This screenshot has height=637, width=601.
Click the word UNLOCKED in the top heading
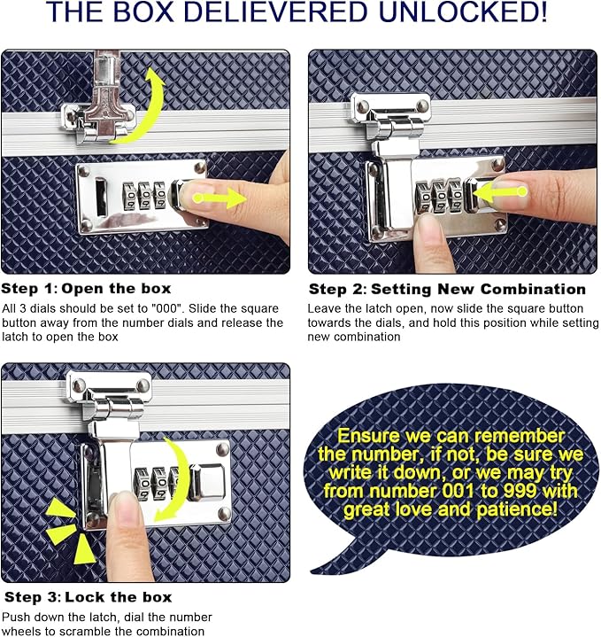pyautogui.click(x=462, y=12)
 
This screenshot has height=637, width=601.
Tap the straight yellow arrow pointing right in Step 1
pyautogui.click(x=220, y=198)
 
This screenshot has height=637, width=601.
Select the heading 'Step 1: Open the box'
pyautogui.click(x=86, y=289)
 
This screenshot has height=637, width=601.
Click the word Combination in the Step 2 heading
pyautogui.click(x=533, y=289)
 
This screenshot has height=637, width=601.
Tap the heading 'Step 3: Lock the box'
pyautogui.click(x=88, y=597)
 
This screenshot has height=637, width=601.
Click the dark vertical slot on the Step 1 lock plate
pyautogui.click(x=101, y=197)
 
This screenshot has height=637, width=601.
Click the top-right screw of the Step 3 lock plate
pyautogui.click(x=222, y=449)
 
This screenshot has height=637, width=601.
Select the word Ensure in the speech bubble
pyautogui.click(x=368, y=436)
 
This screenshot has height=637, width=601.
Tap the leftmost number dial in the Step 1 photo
pyautogui.click(x=129, y=196)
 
